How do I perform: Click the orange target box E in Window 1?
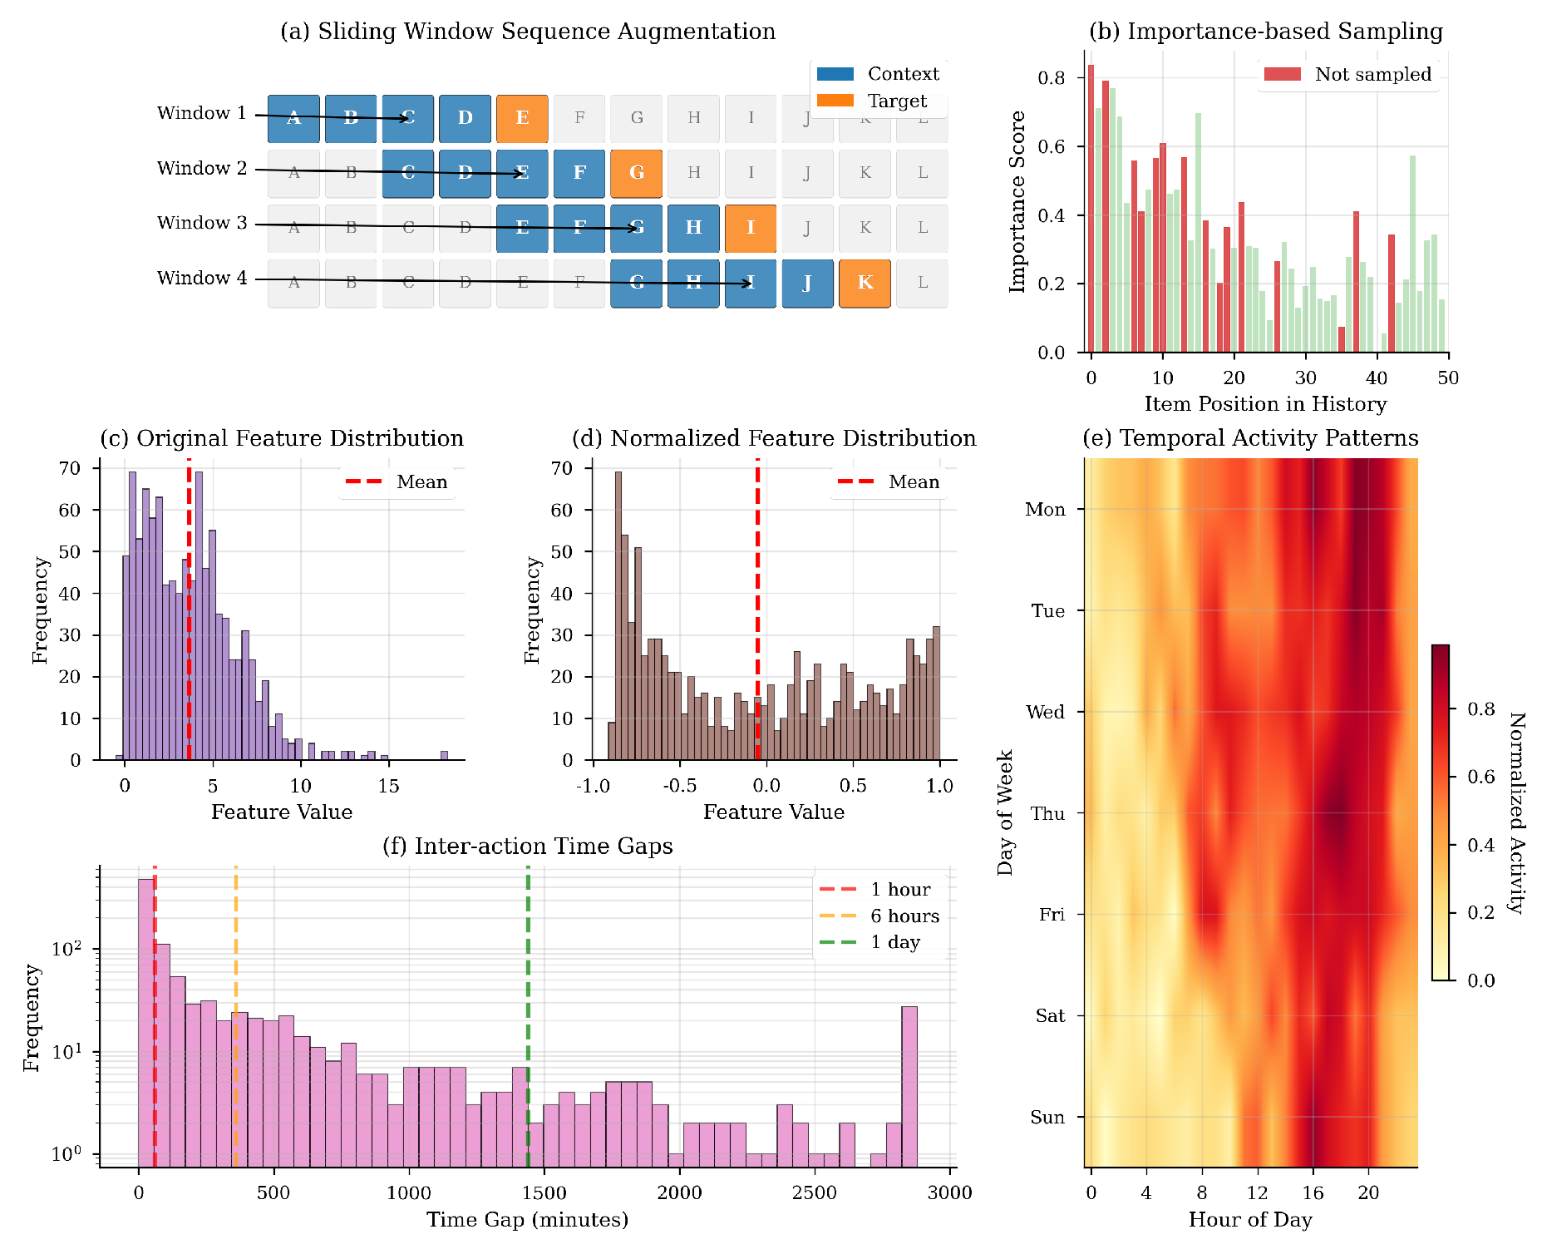[x=522, y=118]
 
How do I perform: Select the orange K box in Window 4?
[x=865, y=283]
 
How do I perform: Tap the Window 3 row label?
[x=202, y=223]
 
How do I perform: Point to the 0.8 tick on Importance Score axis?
[x=1052, y=78]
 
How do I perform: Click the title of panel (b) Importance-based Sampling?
[x=1265, y=32]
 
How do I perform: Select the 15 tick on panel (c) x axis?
[x=388, y=786]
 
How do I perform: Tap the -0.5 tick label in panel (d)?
[x=679, y=786]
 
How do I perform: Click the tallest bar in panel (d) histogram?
[x=618, y=615]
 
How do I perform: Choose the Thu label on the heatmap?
[x=1047, y=813]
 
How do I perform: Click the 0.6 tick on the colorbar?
[x=1480, y=777]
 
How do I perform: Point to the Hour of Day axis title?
[x=1250, y=1220]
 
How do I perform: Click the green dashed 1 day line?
[x=528, y=1015]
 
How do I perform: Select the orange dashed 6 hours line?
[x=236, y=1015]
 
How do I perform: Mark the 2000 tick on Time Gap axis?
[x=679, y=1192]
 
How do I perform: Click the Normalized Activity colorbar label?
[x=1517, y=813]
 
